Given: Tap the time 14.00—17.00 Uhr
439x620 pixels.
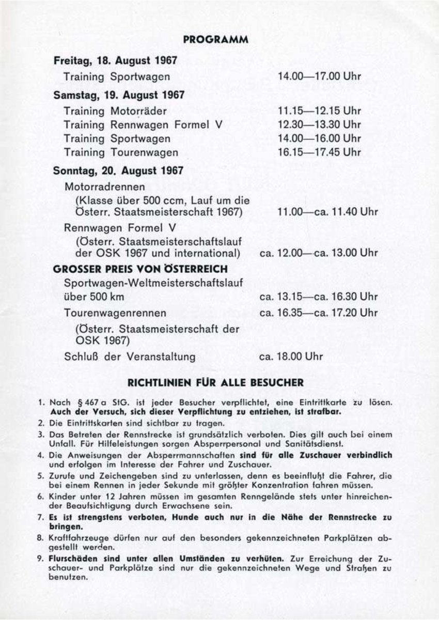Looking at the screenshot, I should [x=319, y=76].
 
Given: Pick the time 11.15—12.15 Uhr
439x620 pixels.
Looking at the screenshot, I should [x=319, y=111].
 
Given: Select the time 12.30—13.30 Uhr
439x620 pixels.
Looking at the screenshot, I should [x=319, y=125].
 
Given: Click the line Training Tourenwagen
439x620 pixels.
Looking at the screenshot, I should [x=121, y=152].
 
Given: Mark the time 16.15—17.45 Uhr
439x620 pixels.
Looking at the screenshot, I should [x=319, y=152].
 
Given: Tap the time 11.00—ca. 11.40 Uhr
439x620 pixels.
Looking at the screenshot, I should [x=327, y=212].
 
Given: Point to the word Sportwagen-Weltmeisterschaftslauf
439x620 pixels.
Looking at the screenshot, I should [x=151, y=283].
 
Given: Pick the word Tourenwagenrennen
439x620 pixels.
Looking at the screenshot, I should [x=115, y=313].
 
